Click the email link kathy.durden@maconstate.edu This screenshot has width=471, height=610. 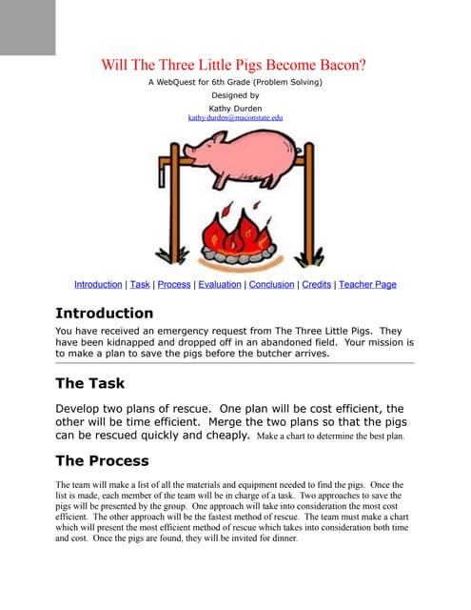tap(235, 117)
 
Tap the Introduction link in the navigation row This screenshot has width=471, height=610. tap(98, 284)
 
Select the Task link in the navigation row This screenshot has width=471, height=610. tap(140, 284)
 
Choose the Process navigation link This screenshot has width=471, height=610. tap(174, 284)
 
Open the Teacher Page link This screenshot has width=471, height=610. tap(367, 284)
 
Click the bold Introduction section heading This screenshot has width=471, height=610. tap(104, 313)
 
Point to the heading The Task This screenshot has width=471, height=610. tap(89, 384)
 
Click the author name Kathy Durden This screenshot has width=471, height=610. tap(235, 107)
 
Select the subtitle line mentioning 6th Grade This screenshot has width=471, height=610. tap(235, 82)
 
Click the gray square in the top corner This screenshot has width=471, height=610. tap(28, 27)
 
